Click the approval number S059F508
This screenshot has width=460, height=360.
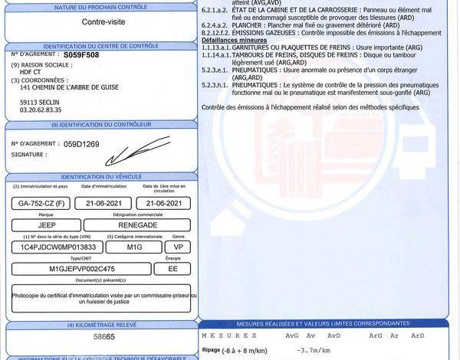coord(82,56)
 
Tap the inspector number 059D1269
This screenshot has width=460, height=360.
coord(81,143)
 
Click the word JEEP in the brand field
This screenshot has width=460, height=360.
coord(47,225)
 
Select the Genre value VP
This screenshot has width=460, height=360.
coord(177,247)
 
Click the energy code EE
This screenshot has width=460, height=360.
coord(172,269)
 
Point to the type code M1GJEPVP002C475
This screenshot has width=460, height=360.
coord(82,269)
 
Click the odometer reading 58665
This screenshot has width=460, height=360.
coord(99,336)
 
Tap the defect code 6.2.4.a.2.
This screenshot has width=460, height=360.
coord(218,24)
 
